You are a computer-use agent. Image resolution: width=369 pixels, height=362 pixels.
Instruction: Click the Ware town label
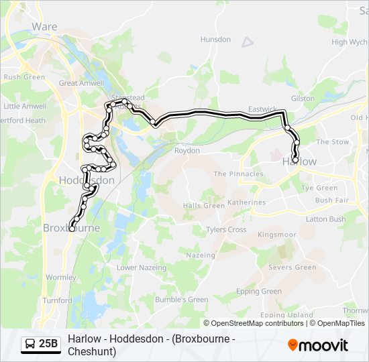(x=44, y=27)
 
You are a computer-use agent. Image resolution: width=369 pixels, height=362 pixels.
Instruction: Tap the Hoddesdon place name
(x=87, y=180)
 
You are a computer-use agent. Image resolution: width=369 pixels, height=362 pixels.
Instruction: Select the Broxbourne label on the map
(x=71, y=228)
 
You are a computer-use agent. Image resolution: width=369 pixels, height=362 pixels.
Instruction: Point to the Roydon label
(x=187, y=151)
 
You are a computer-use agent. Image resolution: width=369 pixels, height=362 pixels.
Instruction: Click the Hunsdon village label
(x=215, y=40)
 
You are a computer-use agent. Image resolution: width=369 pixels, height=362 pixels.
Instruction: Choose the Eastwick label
(x=262, y=109)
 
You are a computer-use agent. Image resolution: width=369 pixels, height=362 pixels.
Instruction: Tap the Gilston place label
(x=303, y=99)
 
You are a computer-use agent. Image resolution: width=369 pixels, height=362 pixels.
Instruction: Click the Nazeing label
(x=201, y=255)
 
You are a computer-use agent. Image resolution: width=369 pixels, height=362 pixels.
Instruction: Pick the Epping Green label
(x=259, y=292)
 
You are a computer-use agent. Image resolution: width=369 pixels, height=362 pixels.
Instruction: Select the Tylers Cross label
(x=226, y=229)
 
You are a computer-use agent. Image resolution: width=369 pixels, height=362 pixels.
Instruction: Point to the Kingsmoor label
(x=276, y=235)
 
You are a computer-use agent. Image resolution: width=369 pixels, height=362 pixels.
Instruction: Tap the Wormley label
(x=61, y=277)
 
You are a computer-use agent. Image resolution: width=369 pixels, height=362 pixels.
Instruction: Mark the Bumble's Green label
(x=182, y=300)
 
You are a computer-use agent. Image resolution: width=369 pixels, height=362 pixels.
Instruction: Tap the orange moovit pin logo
(x=293, y=345)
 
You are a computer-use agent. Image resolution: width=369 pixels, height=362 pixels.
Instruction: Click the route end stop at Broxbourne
(x=72, y=229)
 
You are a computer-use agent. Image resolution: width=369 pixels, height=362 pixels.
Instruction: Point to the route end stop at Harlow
(x=295, y=160)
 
